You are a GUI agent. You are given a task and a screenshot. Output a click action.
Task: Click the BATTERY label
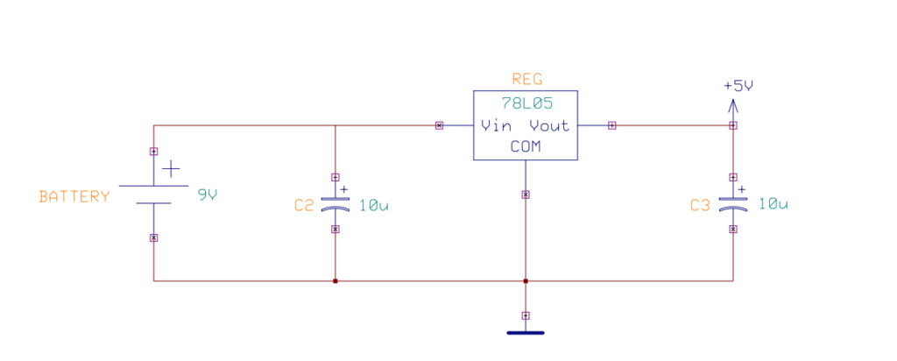(x=74, y=196)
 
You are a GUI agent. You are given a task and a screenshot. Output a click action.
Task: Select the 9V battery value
(x=207, y=195)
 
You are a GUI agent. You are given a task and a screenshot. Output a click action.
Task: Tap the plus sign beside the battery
(x=173, y=168)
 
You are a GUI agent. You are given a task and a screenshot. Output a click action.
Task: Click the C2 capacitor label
(x=304, y=206)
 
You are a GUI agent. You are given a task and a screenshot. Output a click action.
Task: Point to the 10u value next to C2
(x=374, y=206)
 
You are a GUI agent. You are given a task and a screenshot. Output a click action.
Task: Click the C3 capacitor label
(x=700, y=206)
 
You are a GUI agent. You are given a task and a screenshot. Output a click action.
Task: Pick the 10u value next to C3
(x=773, y=204)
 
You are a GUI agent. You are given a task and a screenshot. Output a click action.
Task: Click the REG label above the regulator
(x=526, y=80)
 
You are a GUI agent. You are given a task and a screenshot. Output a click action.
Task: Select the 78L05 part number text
(x=526, y=103)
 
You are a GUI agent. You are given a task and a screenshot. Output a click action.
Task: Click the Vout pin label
(x=549, y=125)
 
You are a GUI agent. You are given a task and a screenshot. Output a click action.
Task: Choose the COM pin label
(x=526, y=147)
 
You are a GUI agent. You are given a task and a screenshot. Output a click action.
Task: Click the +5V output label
(x=738, y=86)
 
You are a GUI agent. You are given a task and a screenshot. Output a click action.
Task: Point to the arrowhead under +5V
(x=733, y=105)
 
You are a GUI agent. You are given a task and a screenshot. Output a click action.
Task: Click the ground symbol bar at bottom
(x=526, y=333)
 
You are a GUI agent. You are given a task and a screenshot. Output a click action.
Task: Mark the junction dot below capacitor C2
(x=335, y=281)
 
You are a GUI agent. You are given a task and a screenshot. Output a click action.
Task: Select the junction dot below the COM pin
(x=526, y=281)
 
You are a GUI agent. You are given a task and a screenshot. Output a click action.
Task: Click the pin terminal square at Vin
(x=439, y=125)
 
